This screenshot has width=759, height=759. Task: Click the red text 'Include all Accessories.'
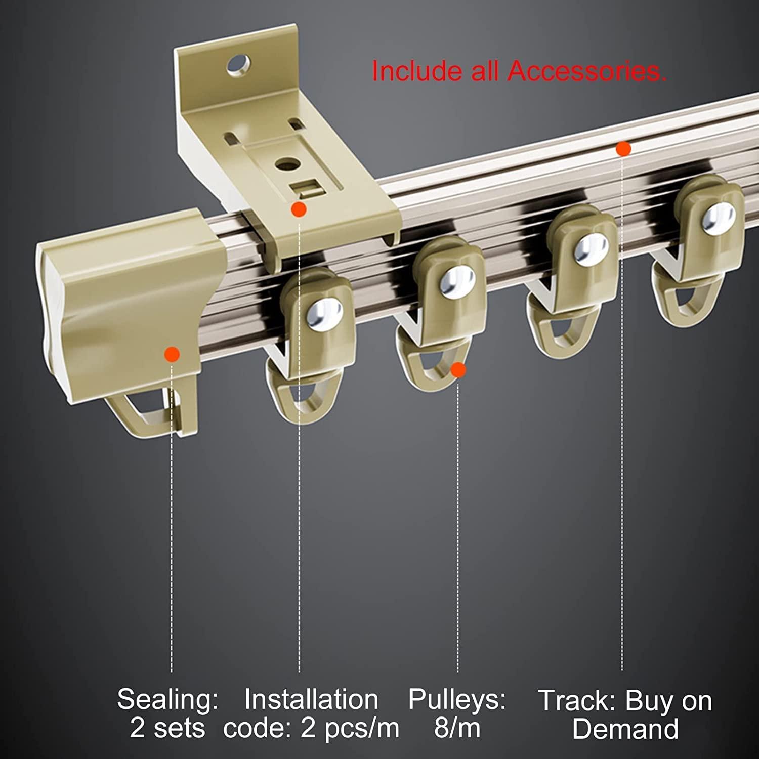(519, 71)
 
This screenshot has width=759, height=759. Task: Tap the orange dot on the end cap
(173, 354)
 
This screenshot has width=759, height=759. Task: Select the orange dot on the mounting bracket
(299, 209)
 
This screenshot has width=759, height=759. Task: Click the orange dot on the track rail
(623, 149)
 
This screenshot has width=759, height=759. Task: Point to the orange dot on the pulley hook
(458, 370)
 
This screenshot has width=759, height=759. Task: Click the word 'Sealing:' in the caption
(168, 699)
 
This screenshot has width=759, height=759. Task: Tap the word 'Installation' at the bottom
(311, 699)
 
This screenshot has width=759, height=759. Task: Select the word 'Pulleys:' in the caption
(457, 699)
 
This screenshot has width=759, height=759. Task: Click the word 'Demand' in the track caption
(625, 729)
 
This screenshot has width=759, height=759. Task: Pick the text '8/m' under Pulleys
(457, 728)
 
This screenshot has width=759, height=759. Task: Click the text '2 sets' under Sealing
(167, 728)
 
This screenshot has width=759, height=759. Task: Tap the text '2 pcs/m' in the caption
(350, 729)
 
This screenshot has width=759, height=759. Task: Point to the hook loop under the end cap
(142, 413)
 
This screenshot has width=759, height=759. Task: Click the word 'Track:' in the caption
(577, 701)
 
